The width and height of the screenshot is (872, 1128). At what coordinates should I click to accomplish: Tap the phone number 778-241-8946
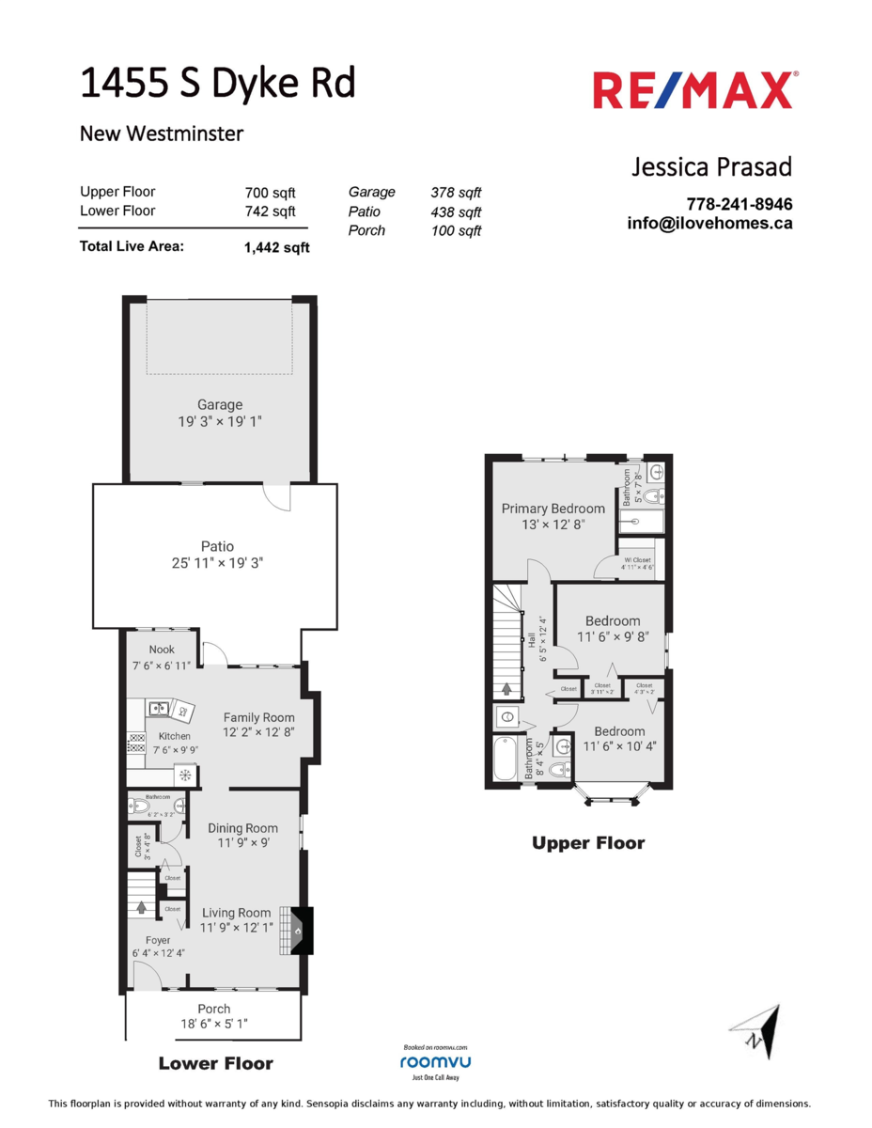(740, 204)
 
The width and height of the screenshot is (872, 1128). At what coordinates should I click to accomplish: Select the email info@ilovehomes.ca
(709, 224)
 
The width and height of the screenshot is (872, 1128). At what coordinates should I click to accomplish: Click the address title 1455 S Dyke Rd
(218, 84)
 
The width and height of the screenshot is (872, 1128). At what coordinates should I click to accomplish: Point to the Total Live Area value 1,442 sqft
(275, 248)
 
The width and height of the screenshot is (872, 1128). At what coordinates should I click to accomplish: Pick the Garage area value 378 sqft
(456, 192)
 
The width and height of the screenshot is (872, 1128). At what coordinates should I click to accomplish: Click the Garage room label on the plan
(220, 405)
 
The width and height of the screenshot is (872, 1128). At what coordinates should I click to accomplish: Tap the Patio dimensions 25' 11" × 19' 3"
(217, 563)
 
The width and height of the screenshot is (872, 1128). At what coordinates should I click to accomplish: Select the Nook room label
(162, 649)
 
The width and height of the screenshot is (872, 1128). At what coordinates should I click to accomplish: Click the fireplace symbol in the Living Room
(300, 932)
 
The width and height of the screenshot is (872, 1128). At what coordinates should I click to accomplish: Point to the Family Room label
(258, 717)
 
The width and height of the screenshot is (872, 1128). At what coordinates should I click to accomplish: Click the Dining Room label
(242, 828)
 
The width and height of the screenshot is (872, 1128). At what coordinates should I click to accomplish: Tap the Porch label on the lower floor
(214, 1009)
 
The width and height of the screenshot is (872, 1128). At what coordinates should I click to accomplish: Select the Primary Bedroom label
(553, 509)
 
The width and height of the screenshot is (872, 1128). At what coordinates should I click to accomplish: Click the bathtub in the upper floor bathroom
(505, 760)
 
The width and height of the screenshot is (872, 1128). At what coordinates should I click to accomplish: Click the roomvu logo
(435, 1061)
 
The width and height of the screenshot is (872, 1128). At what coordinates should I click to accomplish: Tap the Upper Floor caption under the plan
(588, 843)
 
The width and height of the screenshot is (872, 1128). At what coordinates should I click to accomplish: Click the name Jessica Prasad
(711, 167)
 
